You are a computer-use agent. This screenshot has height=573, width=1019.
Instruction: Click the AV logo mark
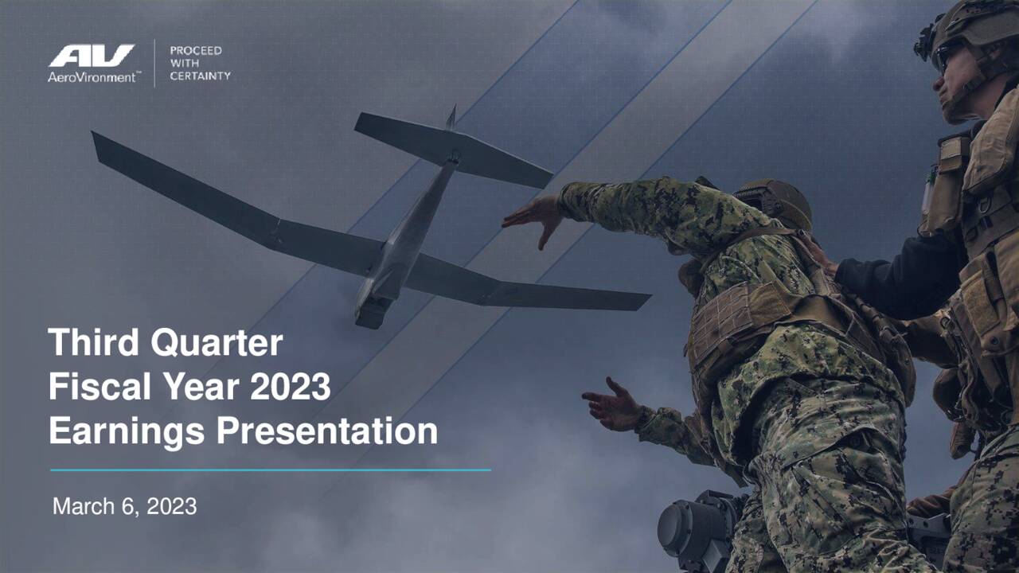coord(92,56)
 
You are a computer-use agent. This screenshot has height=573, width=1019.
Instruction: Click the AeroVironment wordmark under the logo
coord(92,77)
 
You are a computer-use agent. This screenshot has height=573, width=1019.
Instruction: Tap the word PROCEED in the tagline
coord(196,50)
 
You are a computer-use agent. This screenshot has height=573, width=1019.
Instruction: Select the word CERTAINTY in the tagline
coord(201,76)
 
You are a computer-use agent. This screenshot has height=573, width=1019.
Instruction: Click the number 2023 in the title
coord(291,388)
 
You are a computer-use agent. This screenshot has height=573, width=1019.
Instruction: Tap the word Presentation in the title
coord(327,432)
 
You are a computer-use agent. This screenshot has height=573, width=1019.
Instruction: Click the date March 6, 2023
coord(124,506)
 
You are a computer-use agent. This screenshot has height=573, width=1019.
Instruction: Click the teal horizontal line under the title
coord(270,470)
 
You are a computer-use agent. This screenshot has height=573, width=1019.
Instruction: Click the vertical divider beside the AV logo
coord(154,64)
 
